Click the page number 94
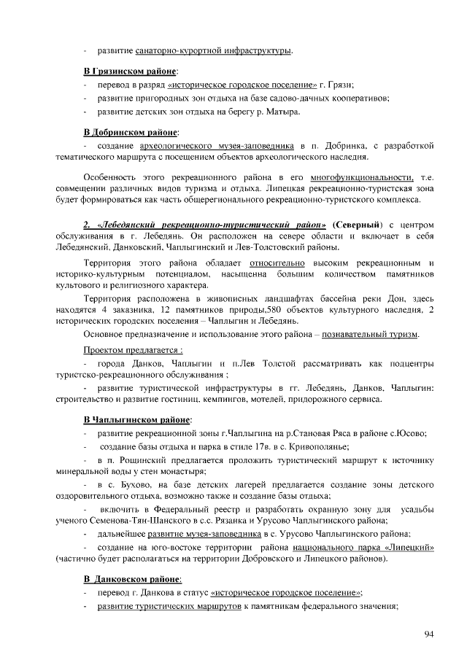point(429,634)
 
